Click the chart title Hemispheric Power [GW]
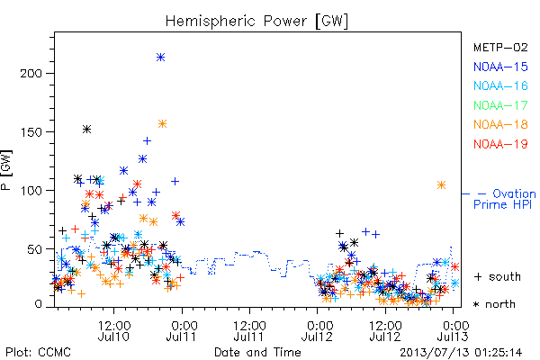pyautogui.click(x=256, y=21)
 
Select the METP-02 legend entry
pyautogui.click(x=500, y=47)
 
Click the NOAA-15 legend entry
pyautogui.click(x=500, y=67)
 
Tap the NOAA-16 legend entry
pyautogui.click(x=500, y=85)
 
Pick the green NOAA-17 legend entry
pyautogui.click(x=500, y=105)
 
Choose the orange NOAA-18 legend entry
pyautogui.click(x=500, y=124)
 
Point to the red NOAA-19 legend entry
pyautogui.click(x=500, y=144)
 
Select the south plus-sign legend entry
pyautogui.click(x=498, y=276)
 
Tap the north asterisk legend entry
pyautogui.click(x=494, y=304)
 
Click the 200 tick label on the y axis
pyautogui.click(x=31, y=74)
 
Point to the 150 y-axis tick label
pyautogui.click(x=31, y=132)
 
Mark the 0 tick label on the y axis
pyautogui.click(x=38, y=304)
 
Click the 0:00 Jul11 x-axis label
pyautogui.click(x=182, y=330)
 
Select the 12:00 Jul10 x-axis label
pyautogui.click(x=113, y=330)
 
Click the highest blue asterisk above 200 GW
pyautogui.click(x=160, y=58)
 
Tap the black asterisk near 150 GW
pyautogui.click(x=86, y=130)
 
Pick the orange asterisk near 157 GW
pyautogui.click(x=163, y=123)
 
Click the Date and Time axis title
pyautogui.click(x=257, y=352)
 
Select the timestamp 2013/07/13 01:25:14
pyautogui.click(x=461, y=353)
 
